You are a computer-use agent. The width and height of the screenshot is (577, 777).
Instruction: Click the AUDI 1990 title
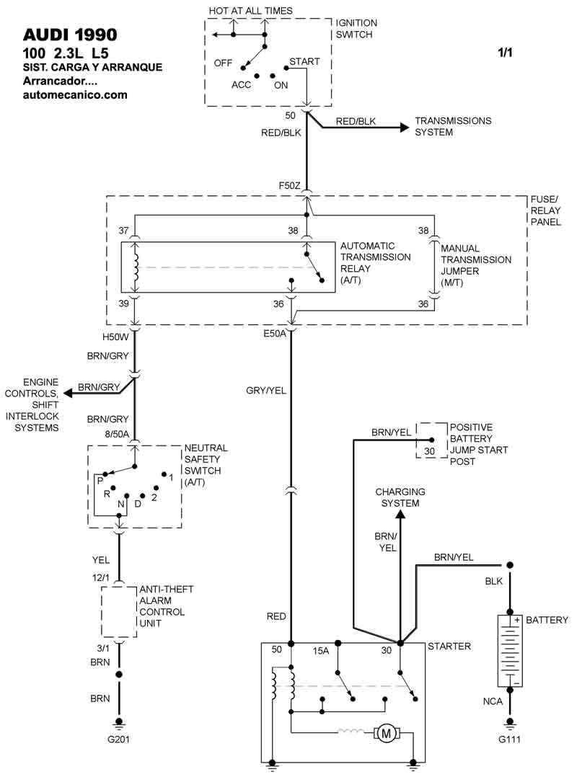coord(69,35)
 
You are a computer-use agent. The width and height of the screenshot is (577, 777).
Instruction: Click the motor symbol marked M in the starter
coord(386,734)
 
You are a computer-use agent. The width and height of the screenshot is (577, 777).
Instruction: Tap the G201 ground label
coord(120,738)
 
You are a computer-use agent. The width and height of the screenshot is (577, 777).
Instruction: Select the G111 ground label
coord(510,738)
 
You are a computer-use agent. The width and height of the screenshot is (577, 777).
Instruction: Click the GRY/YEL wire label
coord(266,390)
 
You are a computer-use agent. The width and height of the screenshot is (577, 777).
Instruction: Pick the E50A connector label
coord(276,334)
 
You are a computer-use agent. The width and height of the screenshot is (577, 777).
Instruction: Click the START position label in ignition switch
coord(304,62)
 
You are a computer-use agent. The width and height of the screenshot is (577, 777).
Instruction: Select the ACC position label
coord(241,84)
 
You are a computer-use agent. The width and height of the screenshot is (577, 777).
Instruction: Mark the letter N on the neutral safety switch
coord(121,503)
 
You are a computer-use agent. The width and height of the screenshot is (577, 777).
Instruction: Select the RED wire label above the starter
coord(276,616)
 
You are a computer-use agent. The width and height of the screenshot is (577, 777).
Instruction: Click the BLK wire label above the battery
coord(494,580)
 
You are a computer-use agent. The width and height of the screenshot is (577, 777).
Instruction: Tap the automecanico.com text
coord(75,94)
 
